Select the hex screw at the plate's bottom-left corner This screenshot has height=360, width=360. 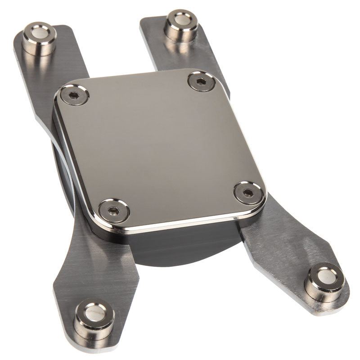[114, 210]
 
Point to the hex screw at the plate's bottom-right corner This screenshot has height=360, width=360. [248, 193]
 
